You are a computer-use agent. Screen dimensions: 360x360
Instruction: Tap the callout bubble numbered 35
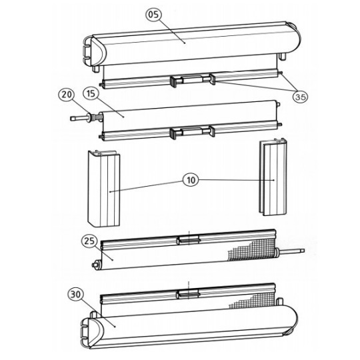pos(300,96)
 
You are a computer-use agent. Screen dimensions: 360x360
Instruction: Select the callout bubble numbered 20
pos(66,95)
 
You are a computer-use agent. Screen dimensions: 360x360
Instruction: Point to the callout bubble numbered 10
pos(191,180)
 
